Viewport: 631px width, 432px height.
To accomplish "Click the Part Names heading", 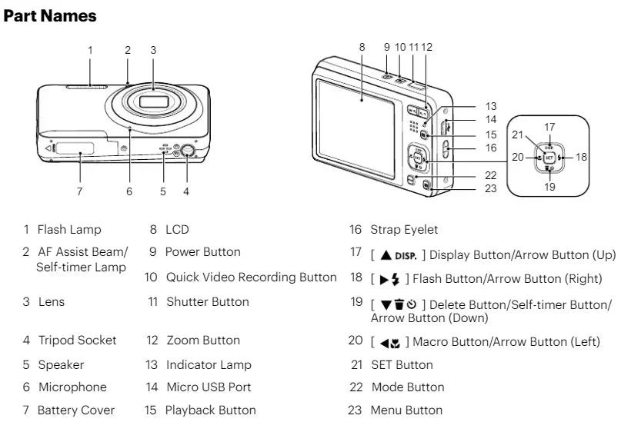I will click(51, 15).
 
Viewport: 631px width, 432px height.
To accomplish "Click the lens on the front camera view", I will click(154, 103).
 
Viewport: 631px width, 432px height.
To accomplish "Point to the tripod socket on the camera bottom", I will click(185, 151).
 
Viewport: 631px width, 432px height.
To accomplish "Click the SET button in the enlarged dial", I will click(549, 156).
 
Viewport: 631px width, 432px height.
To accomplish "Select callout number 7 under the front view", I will click(80, 191).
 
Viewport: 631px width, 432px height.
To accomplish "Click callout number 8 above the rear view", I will click(362, 47).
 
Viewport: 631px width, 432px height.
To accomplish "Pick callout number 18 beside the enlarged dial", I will click(582, 156).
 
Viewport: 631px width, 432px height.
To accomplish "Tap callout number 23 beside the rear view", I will click(491, 188).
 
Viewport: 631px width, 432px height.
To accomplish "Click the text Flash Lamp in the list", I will click(70, 229).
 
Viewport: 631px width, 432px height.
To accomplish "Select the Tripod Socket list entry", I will click(77, 340).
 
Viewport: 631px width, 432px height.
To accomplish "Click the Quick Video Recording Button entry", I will click(252, 277).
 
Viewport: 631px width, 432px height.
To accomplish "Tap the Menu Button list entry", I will click(406, 410).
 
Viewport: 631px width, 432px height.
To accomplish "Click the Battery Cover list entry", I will click(76, 410).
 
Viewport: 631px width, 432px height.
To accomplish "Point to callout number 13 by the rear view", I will click(491, 106).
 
